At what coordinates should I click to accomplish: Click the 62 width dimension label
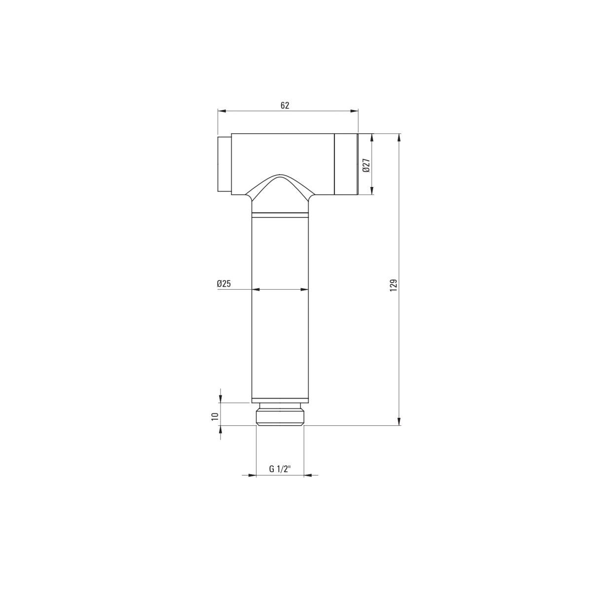pos(285,106)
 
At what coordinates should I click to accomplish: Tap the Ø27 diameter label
pos(366,166)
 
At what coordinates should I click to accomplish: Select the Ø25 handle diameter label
pos(223,284)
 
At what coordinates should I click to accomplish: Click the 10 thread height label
pos(215,416)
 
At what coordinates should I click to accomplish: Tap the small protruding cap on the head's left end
pos(224,164)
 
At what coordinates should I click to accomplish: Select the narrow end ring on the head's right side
pos(346,164)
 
